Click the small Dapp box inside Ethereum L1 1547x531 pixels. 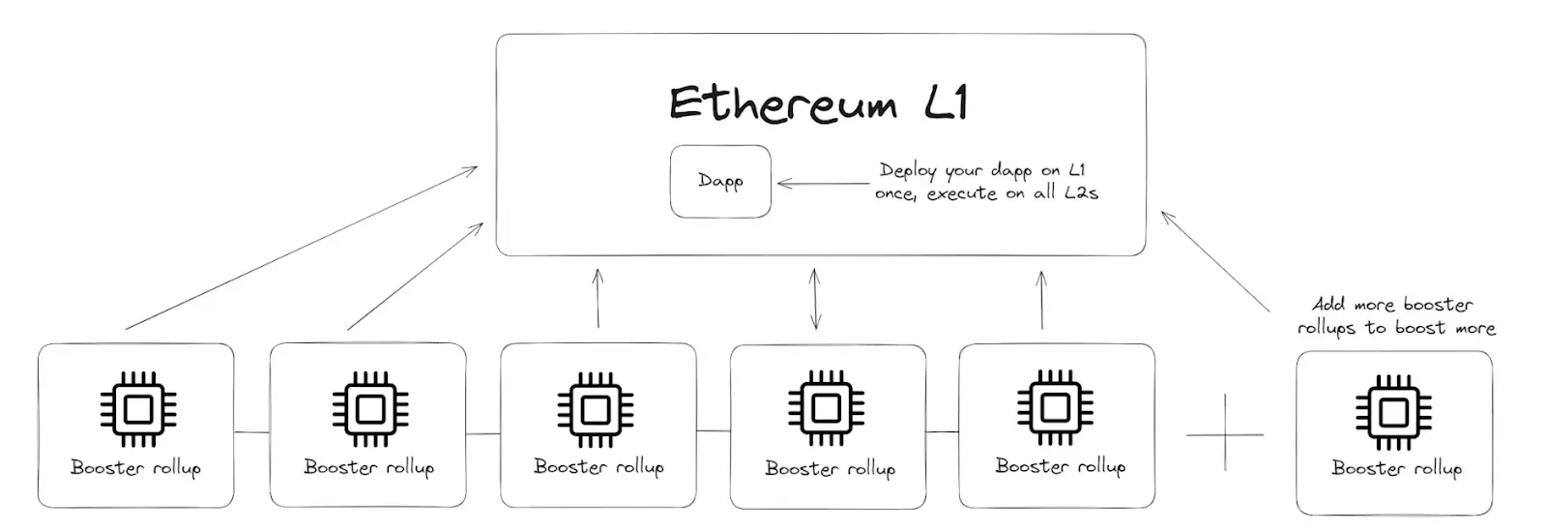(x=720, y=181)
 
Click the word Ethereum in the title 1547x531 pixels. (x=782, y=104)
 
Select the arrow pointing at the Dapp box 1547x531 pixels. (x=823, y=183)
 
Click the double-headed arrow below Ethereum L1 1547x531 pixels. (x=815, y=300)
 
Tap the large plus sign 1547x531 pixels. (x=1225, y=432)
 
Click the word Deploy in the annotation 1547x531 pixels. (x=907, y=171)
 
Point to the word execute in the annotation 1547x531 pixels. (x=961, y=193)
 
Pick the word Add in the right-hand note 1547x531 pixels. (x=1328, y=304)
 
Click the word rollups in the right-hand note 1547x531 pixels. (x=1327, y=328)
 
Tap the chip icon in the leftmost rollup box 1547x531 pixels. (x=138, y=409)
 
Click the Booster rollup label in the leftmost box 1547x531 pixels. (x=135, y=468)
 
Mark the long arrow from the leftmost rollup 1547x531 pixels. (x=300, y=249)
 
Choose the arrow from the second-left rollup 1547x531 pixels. (x=415, y=277)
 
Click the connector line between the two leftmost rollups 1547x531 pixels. (x=251, y=431)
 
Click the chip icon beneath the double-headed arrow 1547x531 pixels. (x=826, y=409)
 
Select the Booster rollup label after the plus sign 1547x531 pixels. (x=1396, y=468)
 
